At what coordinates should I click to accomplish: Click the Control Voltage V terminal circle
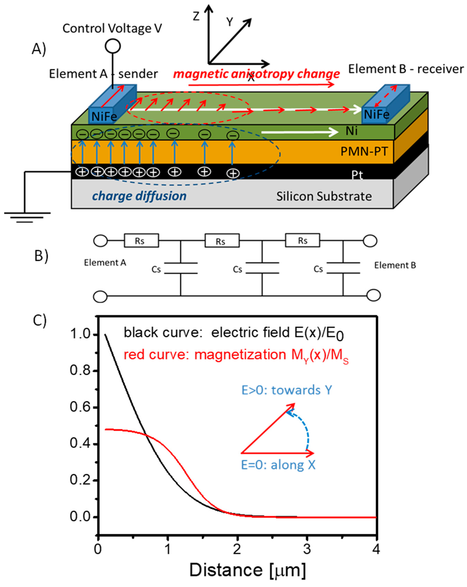(x=113, y=46)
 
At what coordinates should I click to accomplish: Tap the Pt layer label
(x=357, y=175)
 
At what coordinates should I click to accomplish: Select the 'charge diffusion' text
(x=139, y=196)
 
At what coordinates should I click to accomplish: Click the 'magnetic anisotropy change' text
(x=256, y=74)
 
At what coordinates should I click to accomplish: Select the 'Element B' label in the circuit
(x=395, y=265)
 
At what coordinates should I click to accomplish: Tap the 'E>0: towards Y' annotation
(x=287, y=390)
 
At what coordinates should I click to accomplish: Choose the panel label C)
(x=40, y=320)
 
